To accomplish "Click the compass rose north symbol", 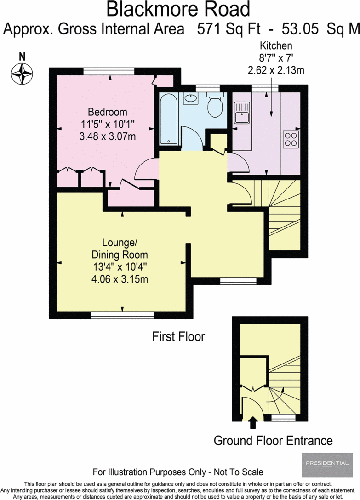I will coord(22,72).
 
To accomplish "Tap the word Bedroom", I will coord(107,112).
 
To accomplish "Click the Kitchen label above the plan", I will coord(276,45).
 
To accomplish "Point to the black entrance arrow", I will coord(252,422).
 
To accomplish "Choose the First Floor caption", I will coord(178,337).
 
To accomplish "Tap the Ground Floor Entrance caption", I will coord(273,441).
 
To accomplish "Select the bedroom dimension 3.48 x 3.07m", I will coord(108,136).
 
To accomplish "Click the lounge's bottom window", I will coord(122,315).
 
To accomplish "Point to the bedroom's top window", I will coord(109,71).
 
